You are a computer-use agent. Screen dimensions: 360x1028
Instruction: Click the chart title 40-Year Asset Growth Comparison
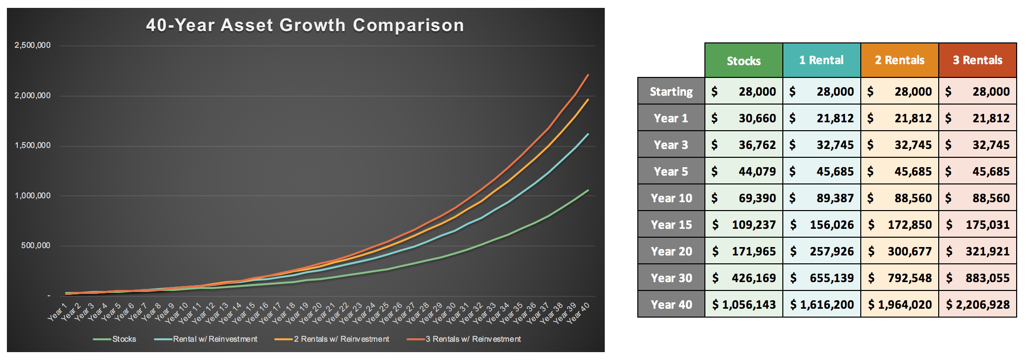pyautogui.click(x=305, y=25)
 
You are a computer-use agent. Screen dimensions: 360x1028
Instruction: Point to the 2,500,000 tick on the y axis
pyautogui.click(x=33, y=45)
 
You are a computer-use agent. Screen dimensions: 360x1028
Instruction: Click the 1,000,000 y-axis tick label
pyautogui.click(x=33, y=196)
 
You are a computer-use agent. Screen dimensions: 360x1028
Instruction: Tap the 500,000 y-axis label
pyautogui.click(x=36, y=246)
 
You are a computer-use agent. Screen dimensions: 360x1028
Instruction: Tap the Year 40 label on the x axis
pyautogui.click(x=578, y=313)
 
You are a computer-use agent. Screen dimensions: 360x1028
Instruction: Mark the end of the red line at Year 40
pyautogui.click(x=588, y=75)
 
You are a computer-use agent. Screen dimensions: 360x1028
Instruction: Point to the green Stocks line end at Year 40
pyautogui.click(x=588, y=190)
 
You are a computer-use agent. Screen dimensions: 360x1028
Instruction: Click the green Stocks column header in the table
pyautogui.click(x=743, y=61)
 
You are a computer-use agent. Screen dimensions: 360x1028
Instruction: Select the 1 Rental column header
pyautogui.click(x=821, y=60)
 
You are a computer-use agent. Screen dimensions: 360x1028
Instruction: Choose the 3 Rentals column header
pyautogui.click(x=977, y=60)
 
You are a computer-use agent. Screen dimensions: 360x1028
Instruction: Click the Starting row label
pyautogui.click(x=671, y=91)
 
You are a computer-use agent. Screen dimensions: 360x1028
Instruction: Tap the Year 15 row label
pyautogui.click(x=671, y=225)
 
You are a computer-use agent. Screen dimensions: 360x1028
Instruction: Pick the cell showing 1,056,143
pyautogui.click(x=744, y=305)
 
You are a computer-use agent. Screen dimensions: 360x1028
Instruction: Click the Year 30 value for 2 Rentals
pyautogui.click(x=900, y=278)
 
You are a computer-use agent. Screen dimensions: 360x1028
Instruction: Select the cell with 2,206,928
pyautogui.click(x=978, y=305)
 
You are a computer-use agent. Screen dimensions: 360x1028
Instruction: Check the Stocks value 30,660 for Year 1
pyautogui.click(x=744, y=118)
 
